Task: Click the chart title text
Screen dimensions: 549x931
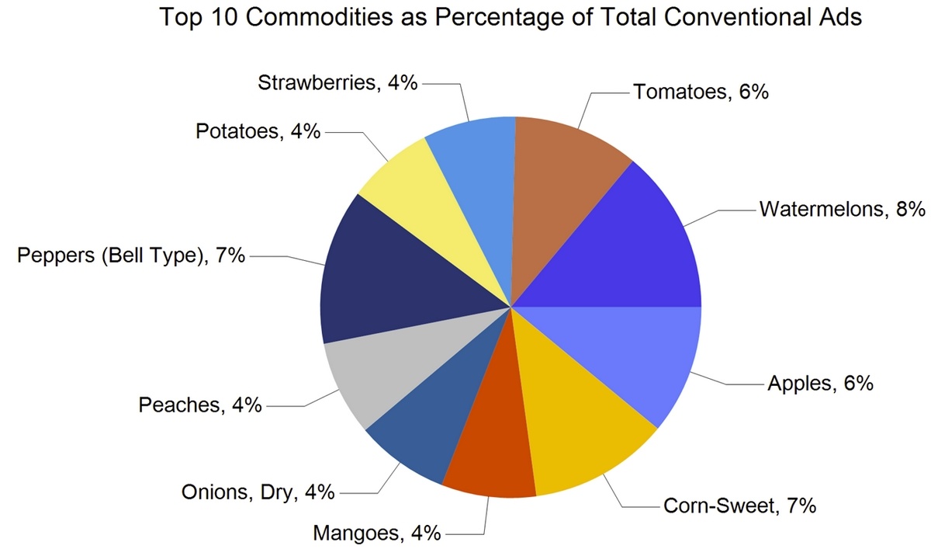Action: [x=510, y=18]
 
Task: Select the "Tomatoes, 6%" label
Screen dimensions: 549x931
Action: [x=701, y=92]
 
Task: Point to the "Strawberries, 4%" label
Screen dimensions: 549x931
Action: [x=337, y=82]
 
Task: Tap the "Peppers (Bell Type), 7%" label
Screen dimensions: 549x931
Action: [x=131, y=255]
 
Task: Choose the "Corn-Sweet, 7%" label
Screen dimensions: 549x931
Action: [x=739, y=506]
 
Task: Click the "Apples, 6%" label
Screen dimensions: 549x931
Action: [x=821, y=383]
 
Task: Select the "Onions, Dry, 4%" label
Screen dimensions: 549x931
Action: [x=258, y=492]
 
